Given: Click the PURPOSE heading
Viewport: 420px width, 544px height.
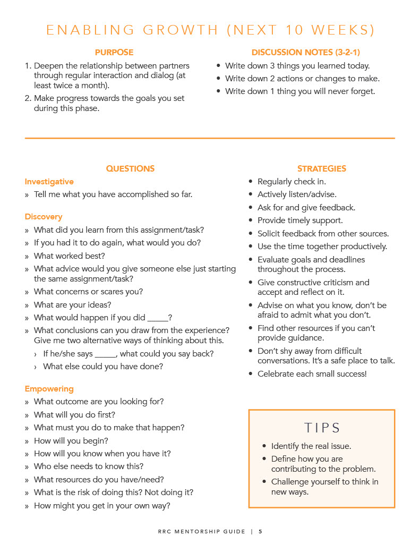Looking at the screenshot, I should [114, 53].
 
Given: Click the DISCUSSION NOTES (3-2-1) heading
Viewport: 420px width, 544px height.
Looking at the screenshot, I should [305, 53].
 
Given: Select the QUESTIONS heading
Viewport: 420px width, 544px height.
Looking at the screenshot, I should [130, 168].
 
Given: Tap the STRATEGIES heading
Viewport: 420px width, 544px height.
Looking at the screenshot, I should [321, 168].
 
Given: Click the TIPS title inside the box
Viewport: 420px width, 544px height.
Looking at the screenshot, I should [322, 428].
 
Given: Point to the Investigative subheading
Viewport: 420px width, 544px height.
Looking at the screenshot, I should [49, 182].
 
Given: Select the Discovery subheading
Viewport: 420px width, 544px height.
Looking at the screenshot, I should [43, 217].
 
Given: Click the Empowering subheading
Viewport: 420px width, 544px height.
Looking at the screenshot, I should [49, 389].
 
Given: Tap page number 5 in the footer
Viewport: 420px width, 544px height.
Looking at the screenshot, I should [260, 531].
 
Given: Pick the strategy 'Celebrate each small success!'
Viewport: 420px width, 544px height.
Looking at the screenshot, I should [312, 374].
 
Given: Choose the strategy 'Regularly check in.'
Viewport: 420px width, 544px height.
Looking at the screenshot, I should [292, 182].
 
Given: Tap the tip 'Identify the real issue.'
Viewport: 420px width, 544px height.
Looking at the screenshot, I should [311, 446].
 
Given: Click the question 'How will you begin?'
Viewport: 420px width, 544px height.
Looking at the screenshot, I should [71, 441].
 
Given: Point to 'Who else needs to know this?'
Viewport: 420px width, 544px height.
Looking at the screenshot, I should [88, 466].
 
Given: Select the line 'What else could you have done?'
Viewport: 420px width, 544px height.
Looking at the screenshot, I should [103, 367].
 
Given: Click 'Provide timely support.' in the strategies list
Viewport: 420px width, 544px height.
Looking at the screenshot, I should [300, 220].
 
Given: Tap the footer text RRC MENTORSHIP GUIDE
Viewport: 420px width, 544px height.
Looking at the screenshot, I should [201, 531].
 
